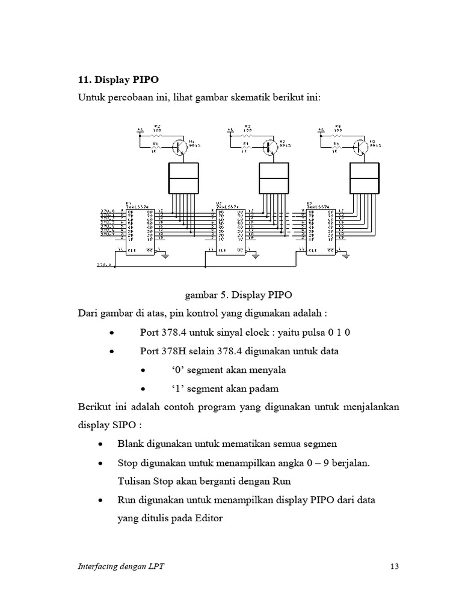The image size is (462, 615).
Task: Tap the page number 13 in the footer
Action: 395,566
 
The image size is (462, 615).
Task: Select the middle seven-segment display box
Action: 274,178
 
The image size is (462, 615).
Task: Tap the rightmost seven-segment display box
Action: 365,178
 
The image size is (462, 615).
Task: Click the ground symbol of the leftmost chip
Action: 165,256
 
